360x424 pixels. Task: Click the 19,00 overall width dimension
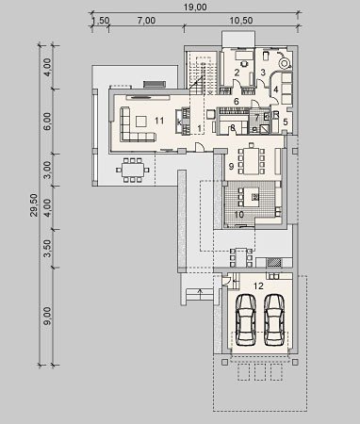pyautogui.click(x=195, y=7)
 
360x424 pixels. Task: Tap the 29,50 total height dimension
pyautogui.click(x=34, y=205)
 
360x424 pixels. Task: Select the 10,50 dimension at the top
pyautogui.click(x=241, y=21)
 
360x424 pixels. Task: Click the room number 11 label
pyautogui.click(x=159, y=121)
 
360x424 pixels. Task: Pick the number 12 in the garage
pyautogui.click(x=258, y=285)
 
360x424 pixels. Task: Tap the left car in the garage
pyautogui.click(x=246, y=319)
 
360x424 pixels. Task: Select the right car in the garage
pyautogui.click(x=274, y=319)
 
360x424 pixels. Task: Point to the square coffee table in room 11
pyautogui.click(x=140, y=121)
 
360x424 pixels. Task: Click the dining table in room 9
pyautogui.click(x=252, y=160)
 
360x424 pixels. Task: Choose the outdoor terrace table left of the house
pyautogui.click(x=133, y=170)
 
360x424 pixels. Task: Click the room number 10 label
pyautogui.click(x=239, y=215)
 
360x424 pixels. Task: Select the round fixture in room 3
pyautogui.click(x=285, y=63)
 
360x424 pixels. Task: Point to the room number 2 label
pyautogui.click(x=237, y=73)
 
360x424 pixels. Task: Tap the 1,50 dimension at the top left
pyautogui.click(x=101, y=21)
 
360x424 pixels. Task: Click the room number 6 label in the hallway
pyautogui.click(x=237, y=101)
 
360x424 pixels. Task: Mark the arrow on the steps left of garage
pyautogui.click(x=200, y=295)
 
